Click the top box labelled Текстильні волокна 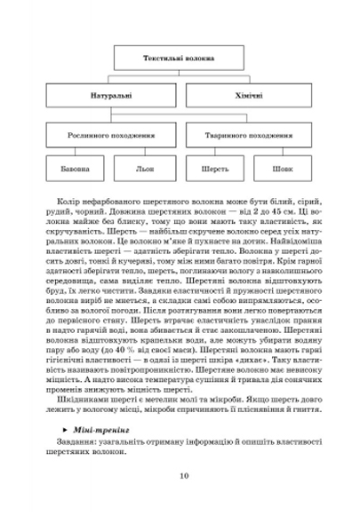coord(179,59)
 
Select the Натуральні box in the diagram coord(114,94)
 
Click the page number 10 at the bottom coord(182,474)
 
